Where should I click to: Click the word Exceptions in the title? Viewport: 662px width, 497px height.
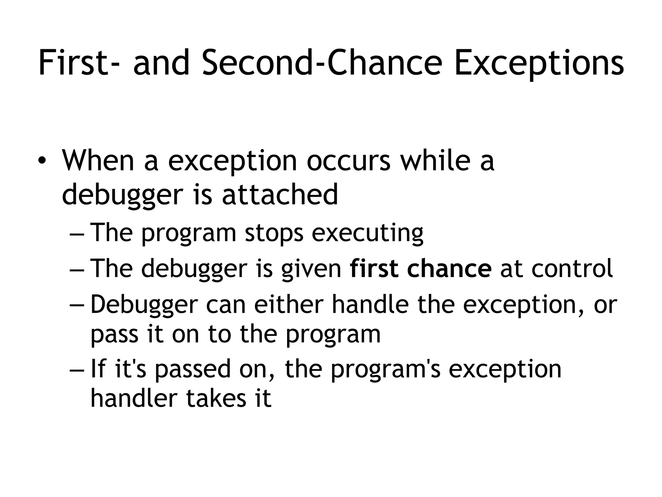539,63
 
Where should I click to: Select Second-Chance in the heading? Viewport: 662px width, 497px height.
322,63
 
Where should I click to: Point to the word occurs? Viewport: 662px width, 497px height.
348,161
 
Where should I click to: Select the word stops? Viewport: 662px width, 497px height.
274,233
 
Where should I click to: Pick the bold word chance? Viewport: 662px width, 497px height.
449,268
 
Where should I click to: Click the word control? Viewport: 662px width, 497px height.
572,268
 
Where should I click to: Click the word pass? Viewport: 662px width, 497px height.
114,335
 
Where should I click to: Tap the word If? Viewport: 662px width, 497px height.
98,369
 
